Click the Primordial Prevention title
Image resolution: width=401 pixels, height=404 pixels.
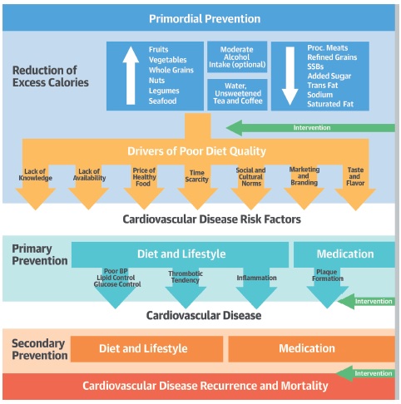tap(205, 19)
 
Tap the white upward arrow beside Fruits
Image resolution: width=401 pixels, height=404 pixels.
tap(131, 76)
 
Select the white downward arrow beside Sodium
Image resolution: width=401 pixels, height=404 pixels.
tap(290, 76)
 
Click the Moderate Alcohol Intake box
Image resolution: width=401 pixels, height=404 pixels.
tap(237, 57)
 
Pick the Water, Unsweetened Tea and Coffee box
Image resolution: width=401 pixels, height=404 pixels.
tap(237, 95)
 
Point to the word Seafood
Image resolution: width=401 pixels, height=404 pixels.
tap(162, 101)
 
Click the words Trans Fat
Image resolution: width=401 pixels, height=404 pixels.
tap(323, 86)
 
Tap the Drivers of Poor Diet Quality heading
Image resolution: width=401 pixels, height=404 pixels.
tap(196, 151)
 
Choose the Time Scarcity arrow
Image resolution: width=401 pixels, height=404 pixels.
tap(197, 186)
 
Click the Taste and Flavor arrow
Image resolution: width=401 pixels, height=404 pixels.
tap(355, 186)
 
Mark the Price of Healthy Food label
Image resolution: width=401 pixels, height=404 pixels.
tap(144, 177)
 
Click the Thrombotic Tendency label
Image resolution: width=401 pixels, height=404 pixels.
tap(186, 277)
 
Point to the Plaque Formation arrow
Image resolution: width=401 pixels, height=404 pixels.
tap(328, 288)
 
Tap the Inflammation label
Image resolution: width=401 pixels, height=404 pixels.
tap(256, 278)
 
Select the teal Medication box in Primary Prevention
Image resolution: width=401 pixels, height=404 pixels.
tap(344, 254)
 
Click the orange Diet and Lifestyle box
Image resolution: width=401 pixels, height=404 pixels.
tap(146, 349)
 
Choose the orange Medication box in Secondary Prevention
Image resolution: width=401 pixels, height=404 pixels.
tap(311, 349)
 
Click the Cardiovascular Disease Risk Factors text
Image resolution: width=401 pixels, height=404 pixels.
tap(211, 219)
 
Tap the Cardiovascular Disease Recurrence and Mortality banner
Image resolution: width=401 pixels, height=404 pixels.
tap(199, 386)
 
